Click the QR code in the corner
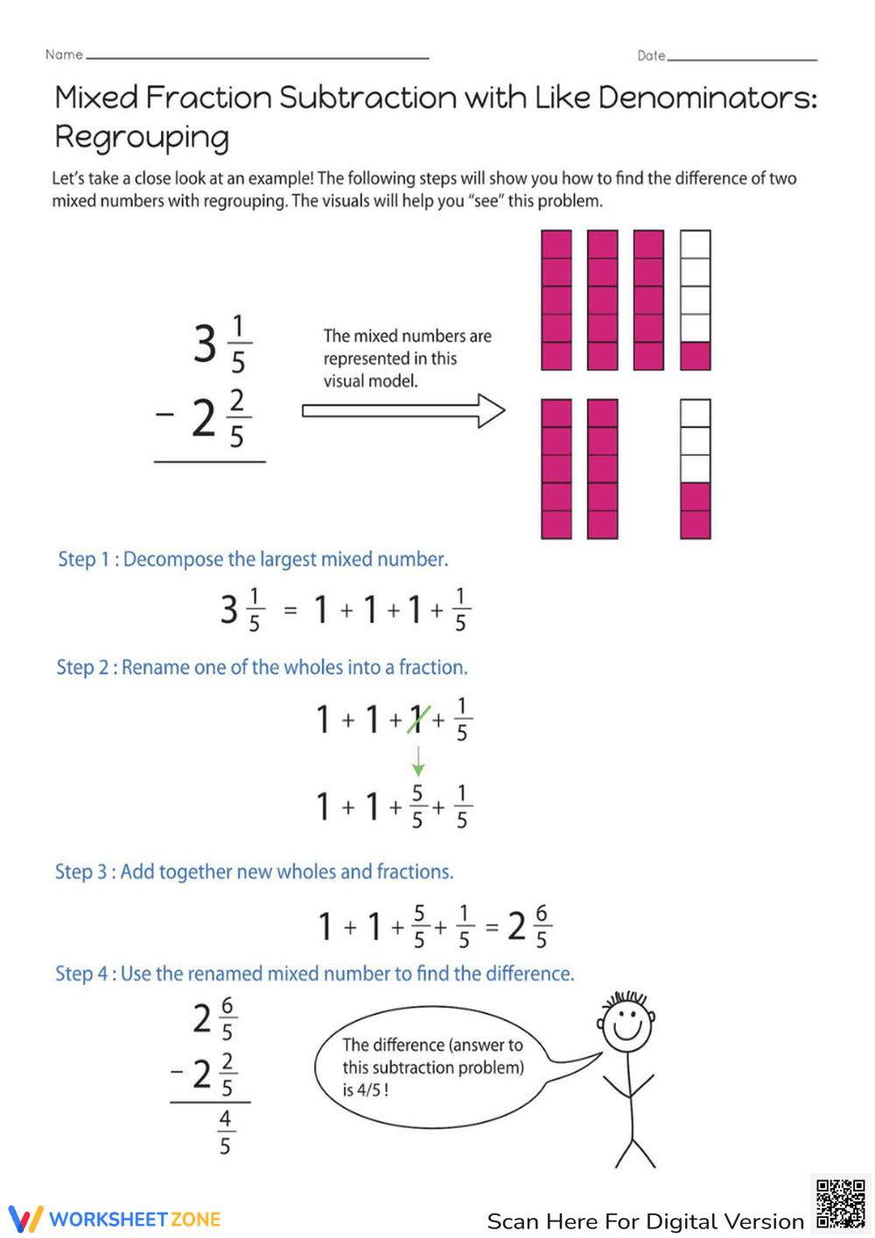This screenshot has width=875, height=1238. pyautogui.click(x=840, y=1205)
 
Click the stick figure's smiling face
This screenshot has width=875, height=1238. pyautogui.click(x=627, y=1023)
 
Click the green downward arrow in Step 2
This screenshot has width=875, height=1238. pyautogui.click(x=418, y=761)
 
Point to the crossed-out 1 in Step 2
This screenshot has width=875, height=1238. pyautogui.click(x=418, y=720)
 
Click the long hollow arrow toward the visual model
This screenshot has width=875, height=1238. pyautogui.click(x=403, y=411)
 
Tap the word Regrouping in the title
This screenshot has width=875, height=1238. pyautogui.click(x=142, y=137)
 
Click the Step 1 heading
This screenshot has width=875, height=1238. pyautogui.click(x=252, y=559)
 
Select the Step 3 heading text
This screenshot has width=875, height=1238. pyautogui.click(x=254, y=872)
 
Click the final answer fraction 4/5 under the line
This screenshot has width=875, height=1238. pyautogui.click(x=225, y=1132)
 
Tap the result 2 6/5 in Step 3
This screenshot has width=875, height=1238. pyautogui.click(x=528, y=926)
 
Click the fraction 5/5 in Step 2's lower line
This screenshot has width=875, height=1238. pyautogui.click(x=417, y=806)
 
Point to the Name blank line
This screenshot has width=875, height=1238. pyautogui.click(x=258, y=58)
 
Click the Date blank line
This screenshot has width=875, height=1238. pyautogui.click(x=742, y=59)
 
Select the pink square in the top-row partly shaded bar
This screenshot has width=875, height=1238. pyautogui.click(x=696, y=355)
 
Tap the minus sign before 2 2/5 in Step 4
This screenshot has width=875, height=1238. pyautogui.click(x=178, y=1071)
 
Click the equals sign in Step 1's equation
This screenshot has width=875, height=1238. pyautogui.click(x=290, y=610)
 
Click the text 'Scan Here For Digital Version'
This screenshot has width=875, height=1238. pyautogui.click(x=645, y=1221)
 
